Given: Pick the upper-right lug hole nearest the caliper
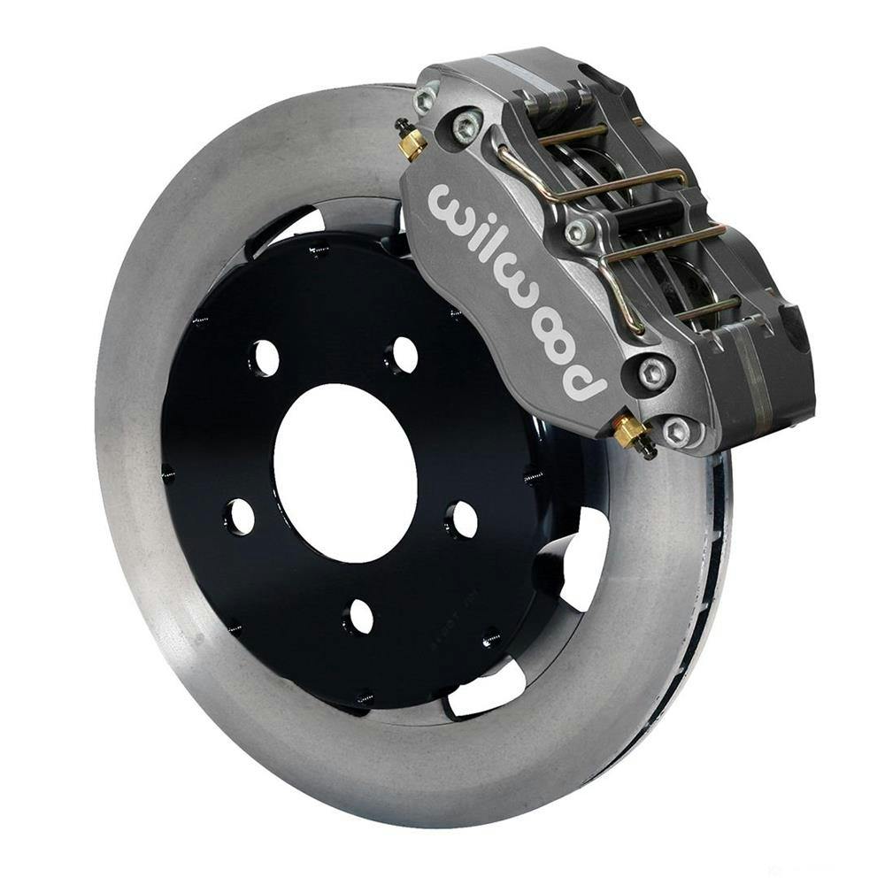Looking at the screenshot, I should pos(403,354).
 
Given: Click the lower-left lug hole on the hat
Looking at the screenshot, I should pos(239,516).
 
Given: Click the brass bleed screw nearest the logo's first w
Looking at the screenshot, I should pos(411,142).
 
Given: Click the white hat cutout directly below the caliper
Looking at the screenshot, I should pos(580,553).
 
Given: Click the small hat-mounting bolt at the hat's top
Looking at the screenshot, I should pos(314,250).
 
